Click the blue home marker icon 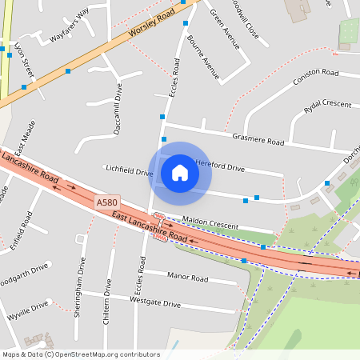[180, 173]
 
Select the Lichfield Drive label [128, 170]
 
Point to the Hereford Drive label [220, 167]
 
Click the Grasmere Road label [258, 140]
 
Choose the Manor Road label [187, 278]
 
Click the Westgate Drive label [154, 302]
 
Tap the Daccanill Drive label [118, 110]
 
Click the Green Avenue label [224, 29]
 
